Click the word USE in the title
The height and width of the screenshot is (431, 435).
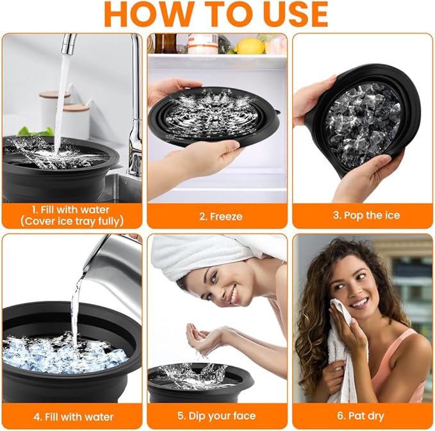point(289,14)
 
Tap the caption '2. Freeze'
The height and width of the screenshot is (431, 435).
point(217,216)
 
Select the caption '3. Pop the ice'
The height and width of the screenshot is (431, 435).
point(363,215)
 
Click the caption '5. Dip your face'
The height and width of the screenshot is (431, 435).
point(217,416)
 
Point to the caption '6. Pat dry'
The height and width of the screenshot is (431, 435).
point(363,416)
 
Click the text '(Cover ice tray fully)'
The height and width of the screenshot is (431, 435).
point(72,221)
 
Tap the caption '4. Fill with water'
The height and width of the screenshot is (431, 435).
point(72,416)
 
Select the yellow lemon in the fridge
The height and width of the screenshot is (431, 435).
point(250,46)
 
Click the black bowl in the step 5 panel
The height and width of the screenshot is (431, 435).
point(199,385)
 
